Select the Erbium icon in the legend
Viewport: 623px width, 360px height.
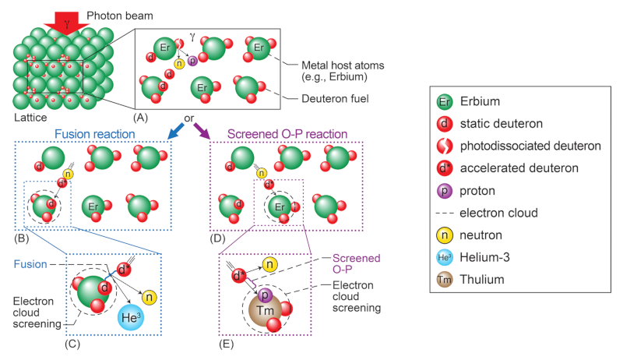pyautogui.click(x=445, y=101)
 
